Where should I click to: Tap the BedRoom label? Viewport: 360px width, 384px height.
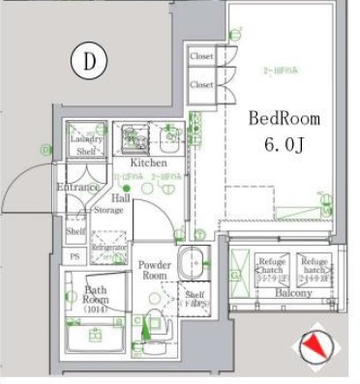(284, 119)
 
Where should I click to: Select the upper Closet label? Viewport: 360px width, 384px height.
(201, 57)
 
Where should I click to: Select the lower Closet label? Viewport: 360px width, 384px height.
(201, 85)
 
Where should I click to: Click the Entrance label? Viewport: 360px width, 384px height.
(77, 186)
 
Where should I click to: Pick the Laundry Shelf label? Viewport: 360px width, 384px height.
(86, 144)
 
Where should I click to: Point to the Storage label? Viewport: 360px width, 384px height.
(108, 209)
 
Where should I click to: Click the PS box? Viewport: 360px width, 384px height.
(75, 255)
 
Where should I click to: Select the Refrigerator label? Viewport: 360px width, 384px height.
(109, 249)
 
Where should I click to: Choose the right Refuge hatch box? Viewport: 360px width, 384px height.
(313, 267)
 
